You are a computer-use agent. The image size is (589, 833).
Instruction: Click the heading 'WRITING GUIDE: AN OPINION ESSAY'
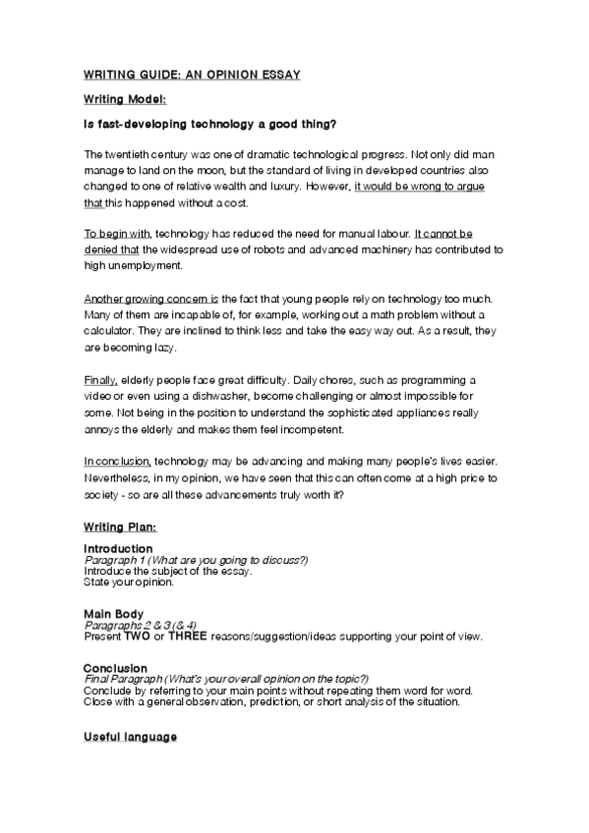192,75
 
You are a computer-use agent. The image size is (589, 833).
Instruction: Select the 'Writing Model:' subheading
125,99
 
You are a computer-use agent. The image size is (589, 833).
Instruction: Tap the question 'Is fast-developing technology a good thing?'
211,125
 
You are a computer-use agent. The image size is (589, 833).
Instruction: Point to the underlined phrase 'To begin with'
117,233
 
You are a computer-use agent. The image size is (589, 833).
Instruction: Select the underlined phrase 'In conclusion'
117,460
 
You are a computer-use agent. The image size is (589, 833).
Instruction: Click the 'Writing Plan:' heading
119,528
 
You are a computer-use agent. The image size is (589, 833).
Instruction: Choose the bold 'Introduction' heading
118,548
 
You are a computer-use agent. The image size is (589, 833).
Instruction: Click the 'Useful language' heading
130,737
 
